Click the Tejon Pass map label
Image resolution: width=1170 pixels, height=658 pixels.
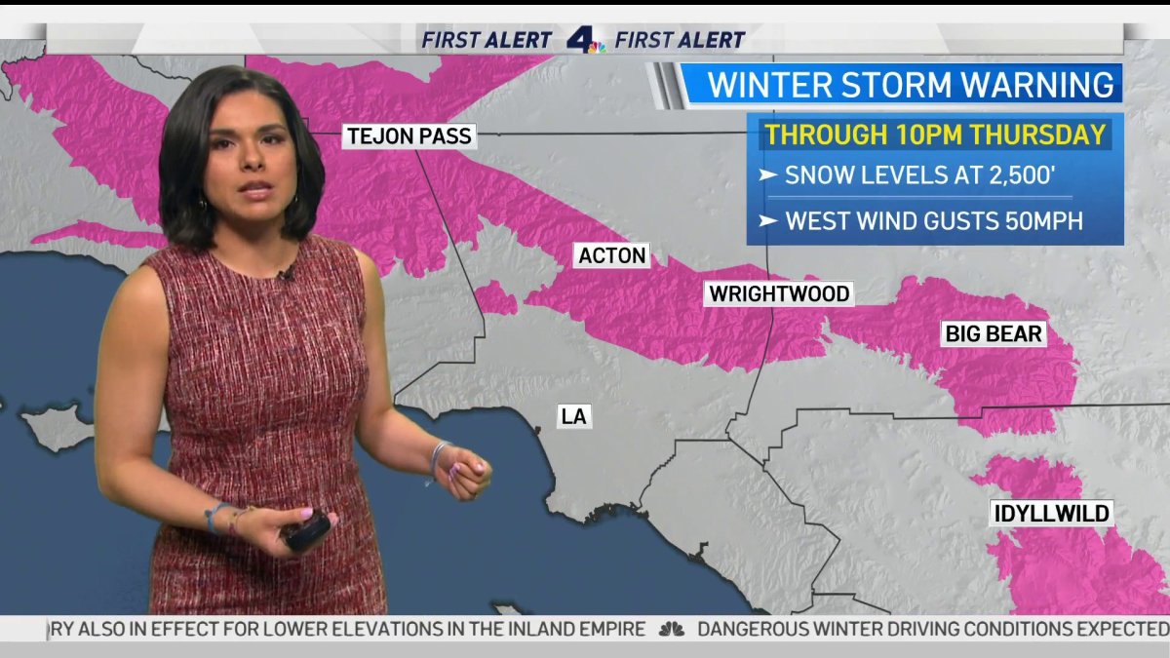tap(408, 136)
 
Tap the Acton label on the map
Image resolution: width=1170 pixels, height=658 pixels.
tap(612, 255)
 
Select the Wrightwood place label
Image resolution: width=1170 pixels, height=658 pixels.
tap(779, 293)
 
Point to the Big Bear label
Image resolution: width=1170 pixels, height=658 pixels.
tap(994, 334)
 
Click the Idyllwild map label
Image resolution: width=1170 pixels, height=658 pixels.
tap(1051, 513)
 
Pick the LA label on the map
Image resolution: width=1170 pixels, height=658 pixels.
tap(573, 416)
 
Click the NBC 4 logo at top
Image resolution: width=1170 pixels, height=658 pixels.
tap(584, 40)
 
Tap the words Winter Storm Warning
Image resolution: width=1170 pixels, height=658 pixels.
tap(911, 85)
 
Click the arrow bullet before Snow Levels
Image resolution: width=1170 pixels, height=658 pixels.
tap(768, 175)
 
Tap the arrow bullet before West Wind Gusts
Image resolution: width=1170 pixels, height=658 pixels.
tap(768, 221)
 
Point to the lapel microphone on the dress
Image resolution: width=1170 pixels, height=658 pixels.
tap(284, 276)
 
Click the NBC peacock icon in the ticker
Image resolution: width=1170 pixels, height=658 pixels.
tap(671, 630)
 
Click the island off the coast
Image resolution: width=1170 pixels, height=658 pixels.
tap(58, 427)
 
